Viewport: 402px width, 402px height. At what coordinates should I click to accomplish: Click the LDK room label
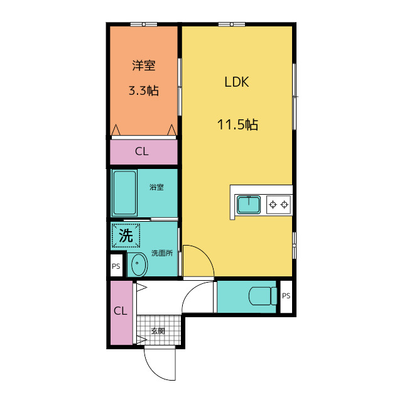click(x=237, y=82)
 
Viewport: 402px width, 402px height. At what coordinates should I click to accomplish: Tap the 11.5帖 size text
click(x=237, y=125)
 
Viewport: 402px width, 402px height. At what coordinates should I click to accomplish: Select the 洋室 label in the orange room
click(x=144, y=65)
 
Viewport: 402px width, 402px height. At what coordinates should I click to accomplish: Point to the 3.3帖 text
click(x=144, y=90)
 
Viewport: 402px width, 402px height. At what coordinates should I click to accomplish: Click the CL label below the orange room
click(x=142, y=151)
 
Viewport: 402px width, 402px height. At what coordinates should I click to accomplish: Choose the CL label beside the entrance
click(x=121, y=311)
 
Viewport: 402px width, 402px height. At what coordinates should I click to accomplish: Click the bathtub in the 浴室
click(x=124, y=193)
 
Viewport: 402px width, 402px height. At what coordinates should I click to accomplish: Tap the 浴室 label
click(x=156, y=187)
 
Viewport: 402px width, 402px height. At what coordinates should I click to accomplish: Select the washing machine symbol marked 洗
click(x=126, y=236)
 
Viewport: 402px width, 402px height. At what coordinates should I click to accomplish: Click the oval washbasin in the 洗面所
click(x=139, y=264)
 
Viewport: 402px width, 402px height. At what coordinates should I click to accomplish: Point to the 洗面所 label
click(x=162, y=253)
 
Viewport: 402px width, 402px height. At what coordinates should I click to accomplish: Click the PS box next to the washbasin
click(x=116, y=266)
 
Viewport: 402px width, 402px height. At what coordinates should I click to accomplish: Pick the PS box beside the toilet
click(x=286, y=296)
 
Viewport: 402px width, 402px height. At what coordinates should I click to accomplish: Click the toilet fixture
click(x=263, y=296)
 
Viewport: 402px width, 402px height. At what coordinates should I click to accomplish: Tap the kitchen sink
click(x=249, y=205)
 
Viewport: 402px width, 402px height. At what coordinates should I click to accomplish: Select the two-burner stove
click(x=279, y=205)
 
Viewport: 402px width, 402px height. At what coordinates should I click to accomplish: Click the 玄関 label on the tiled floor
click(x=158, y=331)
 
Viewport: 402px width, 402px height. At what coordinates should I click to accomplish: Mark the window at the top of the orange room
click(x=144, y=24)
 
